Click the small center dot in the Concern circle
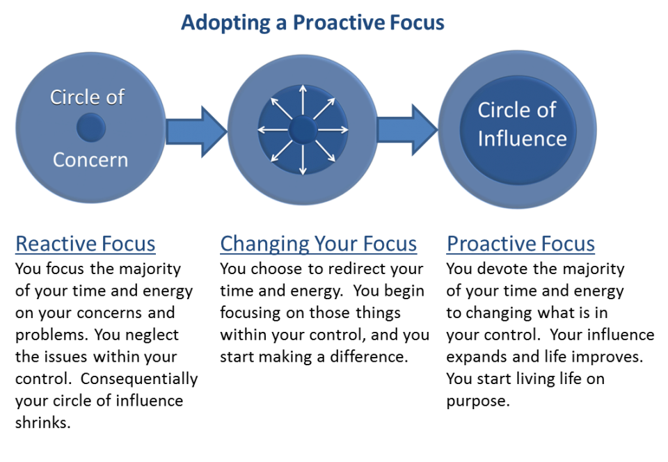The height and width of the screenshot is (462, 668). coord(90,128)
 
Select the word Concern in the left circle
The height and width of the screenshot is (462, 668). coord(90,160)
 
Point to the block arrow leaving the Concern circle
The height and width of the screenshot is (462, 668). coord(197,131)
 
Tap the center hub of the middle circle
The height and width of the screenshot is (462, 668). coord(303,129)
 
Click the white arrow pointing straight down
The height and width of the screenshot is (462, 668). coord(303,161)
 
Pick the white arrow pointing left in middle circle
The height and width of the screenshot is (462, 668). coord(271,129)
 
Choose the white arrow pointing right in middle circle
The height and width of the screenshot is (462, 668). coord(335,129)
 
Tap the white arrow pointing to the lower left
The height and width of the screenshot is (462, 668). coord(280,152)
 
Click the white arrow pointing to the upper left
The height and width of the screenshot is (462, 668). coord(280,107)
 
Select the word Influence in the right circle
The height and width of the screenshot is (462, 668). coord(522,138)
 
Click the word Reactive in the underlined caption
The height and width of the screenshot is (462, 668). coord(52,244)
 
